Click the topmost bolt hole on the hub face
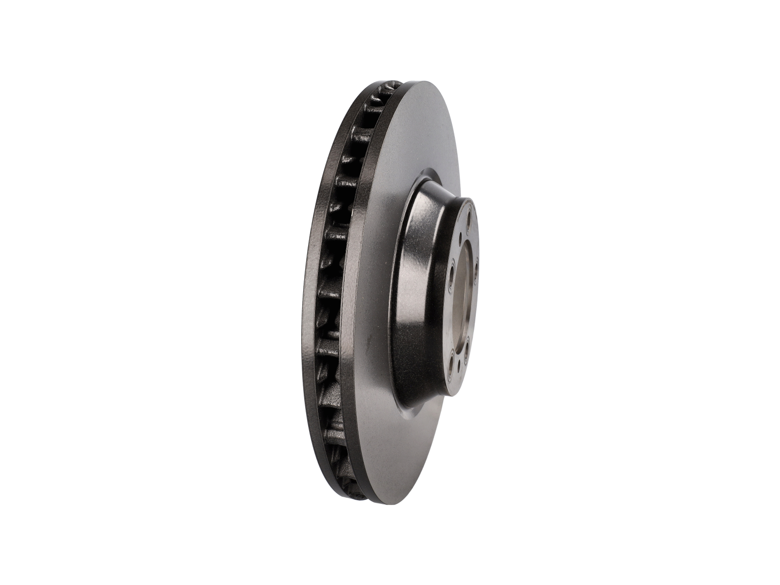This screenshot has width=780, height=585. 469,216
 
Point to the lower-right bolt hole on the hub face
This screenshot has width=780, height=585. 467,349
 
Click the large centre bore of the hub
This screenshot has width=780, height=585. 463,302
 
